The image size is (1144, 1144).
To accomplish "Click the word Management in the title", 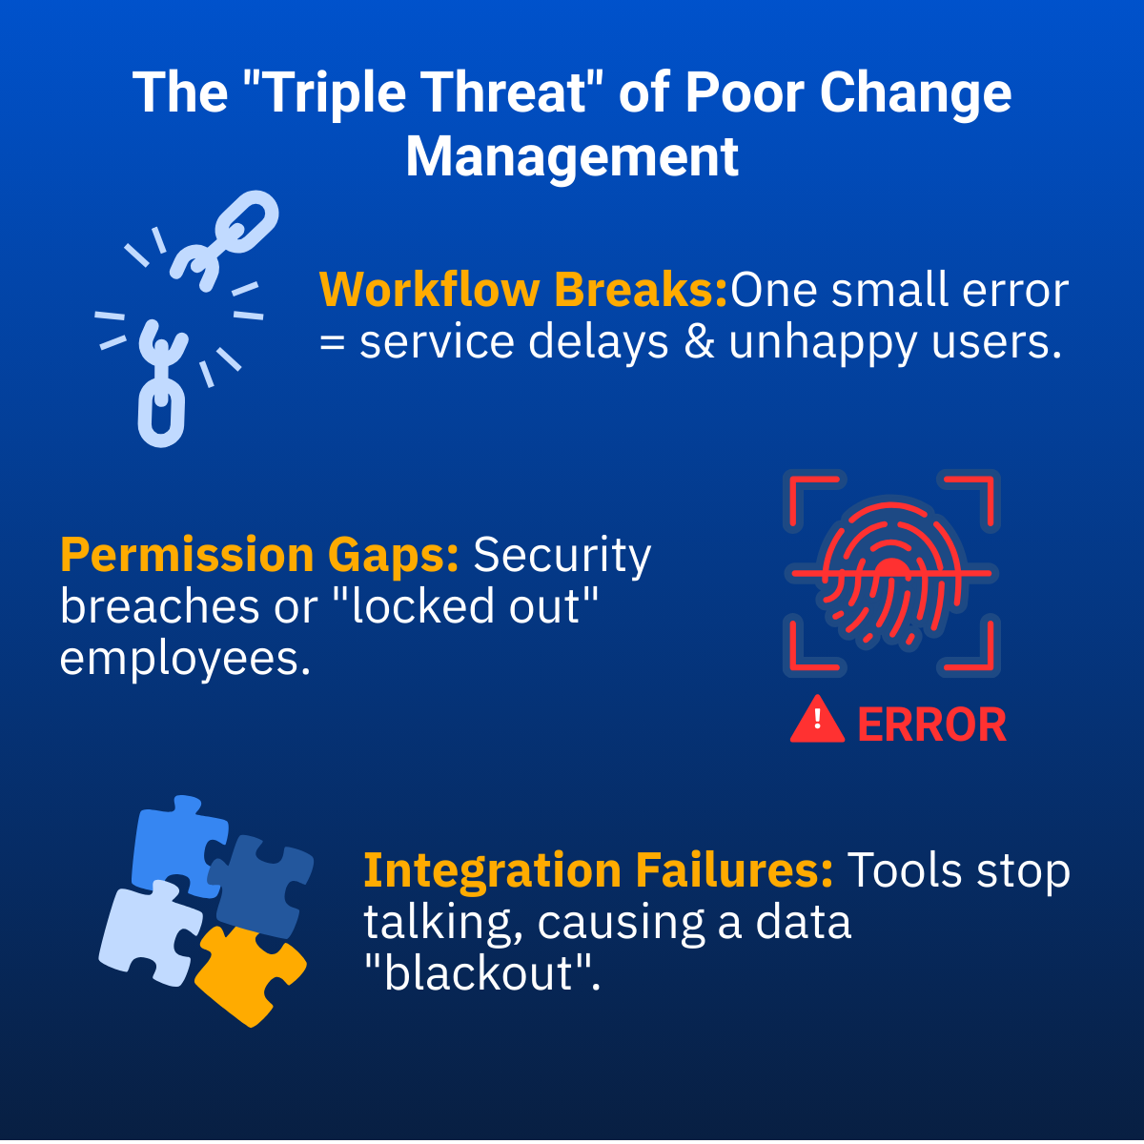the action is tap(572, 157).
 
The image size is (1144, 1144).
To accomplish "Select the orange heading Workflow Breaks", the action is tap(523, 290).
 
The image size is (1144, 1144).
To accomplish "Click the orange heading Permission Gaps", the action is tap(259, 555).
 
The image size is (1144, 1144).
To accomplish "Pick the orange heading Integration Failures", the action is tap(599, 870).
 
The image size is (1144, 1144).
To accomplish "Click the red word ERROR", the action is tap(932, 725).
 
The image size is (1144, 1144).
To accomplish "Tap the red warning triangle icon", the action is tap(817, 720).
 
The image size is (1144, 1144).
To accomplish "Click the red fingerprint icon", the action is tap(891, 574).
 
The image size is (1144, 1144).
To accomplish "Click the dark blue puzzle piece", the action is tap(261, 886).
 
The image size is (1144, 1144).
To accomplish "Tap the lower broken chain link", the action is tap(160, 384).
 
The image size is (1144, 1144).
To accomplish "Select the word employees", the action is tap(185, 660).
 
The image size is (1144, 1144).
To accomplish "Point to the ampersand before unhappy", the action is tap(700, 342).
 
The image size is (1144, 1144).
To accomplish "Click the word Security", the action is tap(562, 556).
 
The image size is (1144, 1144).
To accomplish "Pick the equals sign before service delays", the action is tap(333, 344).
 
